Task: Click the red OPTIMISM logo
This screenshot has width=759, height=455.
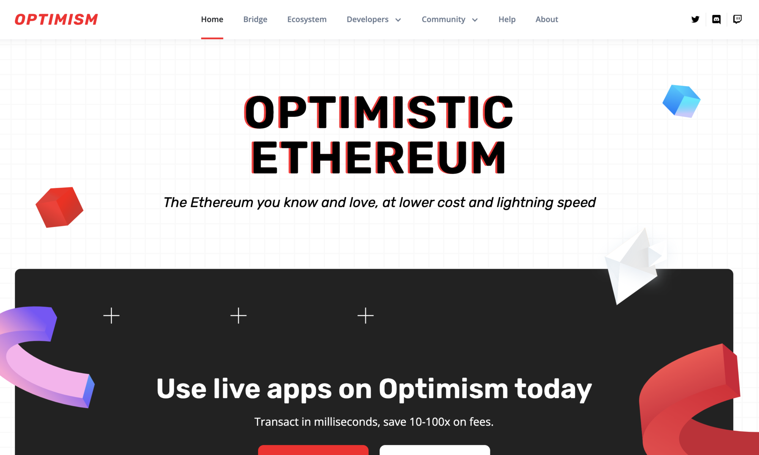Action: click(56, 19)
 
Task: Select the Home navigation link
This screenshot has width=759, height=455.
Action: click(212, 19)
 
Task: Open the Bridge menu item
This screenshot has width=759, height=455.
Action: click(255, 19)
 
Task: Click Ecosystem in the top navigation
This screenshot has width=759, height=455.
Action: click(307, 19)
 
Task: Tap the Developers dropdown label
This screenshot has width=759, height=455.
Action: click(367, 19)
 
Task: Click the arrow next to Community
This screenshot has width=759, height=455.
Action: click(475, 20)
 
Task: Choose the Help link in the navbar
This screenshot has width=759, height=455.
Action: click(507, 19)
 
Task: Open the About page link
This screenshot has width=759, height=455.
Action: click(546, 19)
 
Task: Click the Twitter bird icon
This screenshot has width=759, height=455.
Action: click(695, 19)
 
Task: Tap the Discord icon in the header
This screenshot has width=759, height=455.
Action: click(716, 19)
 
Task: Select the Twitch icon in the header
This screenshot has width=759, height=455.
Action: click(737, 19)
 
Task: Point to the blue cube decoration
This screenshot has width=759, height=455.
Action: click(682, 101)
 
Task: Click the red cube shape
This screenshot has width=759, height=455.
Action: click(59, 207)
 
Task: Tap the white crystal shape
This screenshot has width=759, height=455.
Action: click(632, 267)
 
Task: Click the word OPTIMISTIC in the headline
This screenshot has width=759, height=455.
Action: click(378, 112)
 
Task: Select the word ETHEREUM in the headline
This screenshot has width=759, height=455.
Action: click(378, 157)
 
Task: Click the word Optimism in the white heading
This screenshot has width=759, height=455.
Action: click(443, 389)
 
